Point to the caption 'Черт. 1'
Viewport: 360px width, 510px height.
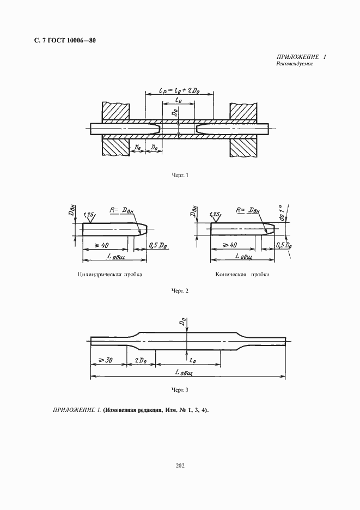(179, 175)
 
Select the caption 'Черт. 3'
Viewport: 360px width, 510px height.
(179, 390)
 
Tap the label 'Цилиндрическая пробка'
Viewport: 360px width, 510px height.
(111, 275)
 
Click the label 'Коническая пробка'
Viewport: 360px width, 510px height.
(242, 275)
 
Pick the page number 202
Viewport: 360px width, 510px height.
(180, 465)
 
